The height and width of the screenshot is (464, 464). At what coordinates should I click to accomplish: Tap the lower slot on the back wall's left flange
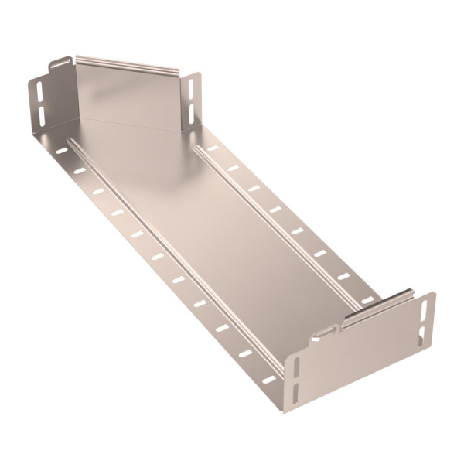point(42,114)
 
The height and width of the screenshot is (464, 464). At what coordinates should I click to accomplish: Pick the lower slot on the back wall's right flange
point(193,114)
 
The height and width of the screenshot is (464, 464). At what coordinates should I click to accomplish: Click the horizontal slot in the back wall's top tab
point(58,62)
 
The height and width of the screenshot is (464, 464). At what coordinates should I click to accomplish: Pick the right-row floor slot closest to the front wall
point(367,299)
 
